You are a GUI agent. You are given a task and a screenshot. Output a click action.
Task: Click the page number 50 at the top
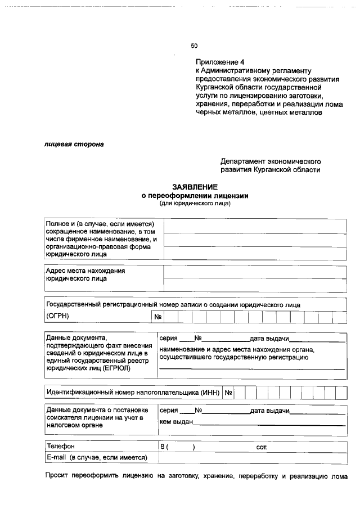point(194,46)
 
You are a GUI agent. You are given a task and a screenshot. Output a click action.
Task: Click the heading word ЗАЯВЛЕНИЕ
point(195,187)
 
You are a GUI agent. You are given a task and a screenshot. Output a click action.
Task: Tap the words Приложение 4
point(220,62)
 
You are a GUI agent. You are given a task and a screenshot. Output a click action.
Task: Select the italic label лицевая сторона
point(74,144)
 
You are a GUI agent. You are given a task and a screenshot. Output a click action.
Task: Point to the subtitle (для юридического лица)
point(195,203)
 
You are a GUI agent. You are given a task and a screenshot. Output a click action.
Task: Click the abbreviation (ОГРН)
point(58,316)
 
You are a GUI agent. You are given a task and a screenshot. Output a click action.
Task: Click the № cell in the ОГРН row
point(157,317)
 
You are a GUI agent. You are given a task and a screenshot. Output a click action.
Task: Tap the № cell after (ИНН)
point(229,392)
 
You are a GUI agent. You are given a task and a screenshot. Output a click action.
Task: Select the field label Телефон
point(61,447)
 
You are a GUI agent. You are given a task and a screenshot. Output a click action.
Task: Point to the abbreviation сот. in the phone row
point(261,447)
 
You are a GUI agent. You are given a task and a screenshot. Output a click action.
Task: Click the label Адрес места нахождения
point(85,271)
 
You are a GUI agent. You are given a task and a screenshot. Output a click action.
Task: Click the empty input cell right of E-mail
point(251,458)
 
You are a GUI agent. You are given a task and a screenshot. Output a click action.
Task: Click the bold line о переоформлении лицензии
point(195,195)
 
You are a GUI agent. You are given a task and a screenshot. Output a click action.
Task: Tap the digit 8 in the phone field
point(162,447)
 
